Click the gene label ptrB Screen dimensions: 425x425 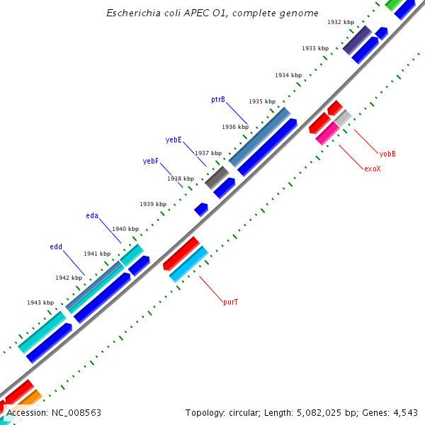coord(217,100)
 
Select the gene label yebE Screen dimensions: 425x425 coord(174,140)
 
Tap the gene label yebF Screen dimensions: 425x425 coord(150,161)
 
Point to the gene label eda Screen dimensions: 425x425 coord(92,215)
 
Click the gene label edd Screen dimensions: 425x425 coord(56,247)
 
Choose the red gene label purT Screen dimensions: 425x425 coord(230,302)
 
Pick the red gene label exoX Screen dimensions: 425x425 coord(372,169)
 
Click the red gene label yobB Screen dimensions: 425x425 coord(387,154)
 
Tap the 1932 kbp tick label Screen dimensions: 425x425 coord(341,23)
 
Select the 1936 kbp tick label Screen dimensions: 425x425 coord(235,127)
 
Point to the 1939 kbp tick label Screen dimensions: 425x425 coord(153,204)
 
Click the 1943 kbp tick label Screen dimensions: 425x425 coord(40,302)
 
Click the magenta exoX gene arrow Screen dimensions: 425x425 coord(327,133)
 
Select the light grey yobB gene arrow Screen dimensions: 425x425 coord(343,118)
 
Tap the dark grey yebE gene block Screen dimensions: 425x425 coord(217,177)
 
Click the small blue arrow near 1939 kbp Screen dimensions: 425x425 coord(201,209)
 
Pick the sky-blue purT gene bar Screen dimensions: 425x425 coord(188,263)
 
